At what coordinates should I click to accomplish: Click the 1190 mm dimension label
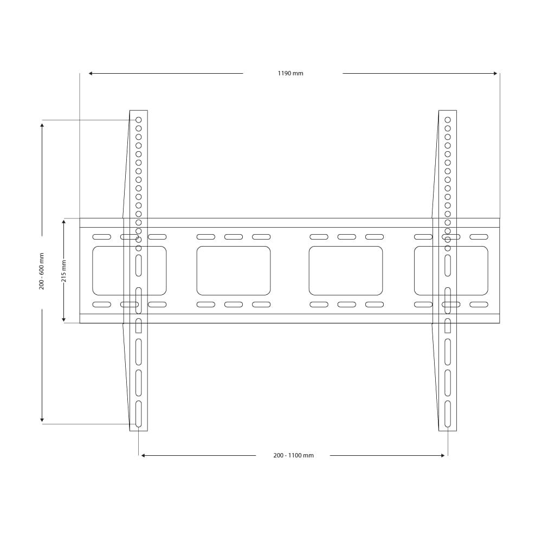point(291,73)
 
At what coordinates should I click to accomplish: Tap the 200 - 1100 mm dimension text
point(293,456)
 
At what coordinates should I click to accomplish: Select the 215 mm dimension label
point(64,271)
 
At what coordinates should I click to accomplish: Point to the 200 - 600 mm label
point(42,272)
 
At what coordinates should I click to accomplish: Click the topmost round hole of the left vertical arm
point(139,120)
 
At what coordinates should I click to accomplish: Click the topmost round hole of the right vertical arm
point(448,120)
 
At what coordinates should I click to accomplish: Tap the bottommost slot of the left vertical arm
point(139,414)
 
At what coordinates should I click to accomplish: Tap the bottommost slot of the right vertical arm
point(448,414)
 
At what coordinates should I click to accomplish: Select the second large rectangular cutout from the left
point(234,270)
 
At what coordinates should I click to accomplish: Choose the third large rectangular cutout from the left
point(346,270)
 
